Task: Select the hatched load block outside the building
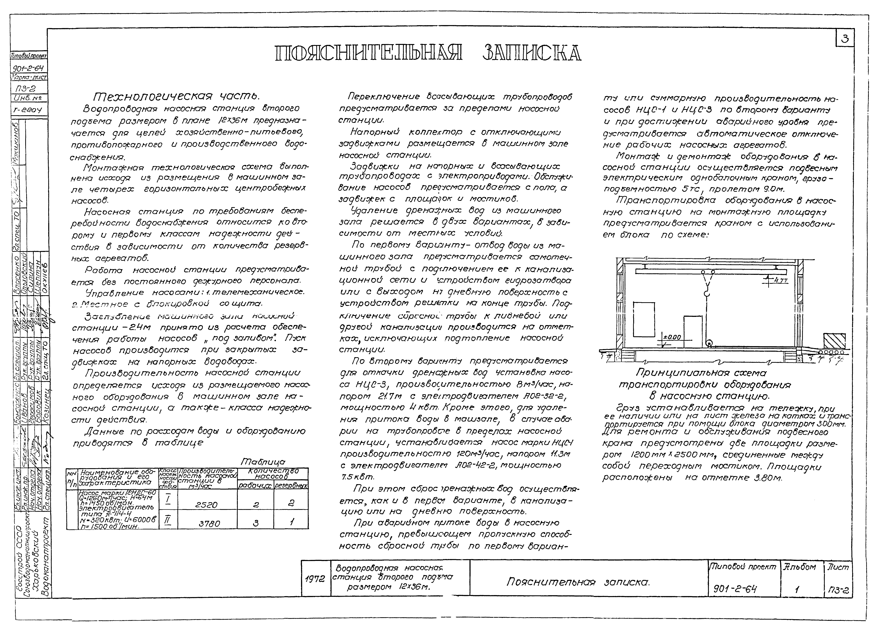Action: [834, 341]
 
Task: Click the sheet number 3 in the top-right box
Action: [845, 39]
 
